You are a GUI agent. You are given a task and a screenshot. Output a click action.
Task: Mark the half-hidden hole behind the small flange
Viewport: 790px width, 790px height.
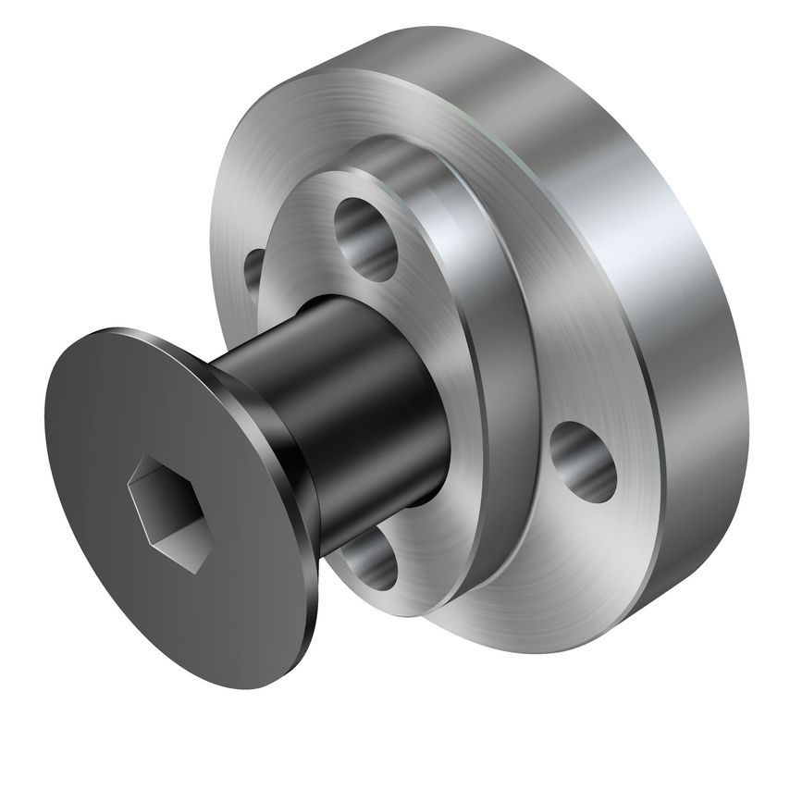(x=253, y=273)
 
